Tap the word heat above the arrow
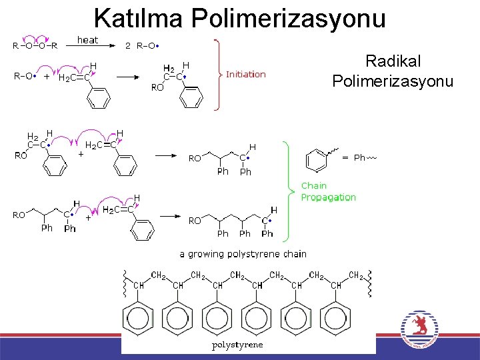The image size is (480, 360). click(x=87, y=40)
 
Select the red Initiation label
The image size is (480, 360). click(x=245, y=74)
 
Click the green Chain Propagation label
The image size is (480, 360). click(x=328, y=191)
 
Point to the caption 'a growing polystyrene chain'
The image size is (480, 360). click(x=243, y=253)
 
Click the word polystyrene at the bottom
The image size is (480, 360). click(x=237, y=345)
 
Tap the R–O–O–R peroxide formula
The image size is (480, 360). click(x=35, y=46)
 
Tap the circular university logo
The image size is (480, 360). click(x=419, y=331)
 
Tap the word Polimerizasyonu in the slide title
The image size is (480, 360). click(x=289, y=18)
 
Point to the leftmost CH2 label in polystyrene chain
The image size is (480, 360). click(x=159, y=275)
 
